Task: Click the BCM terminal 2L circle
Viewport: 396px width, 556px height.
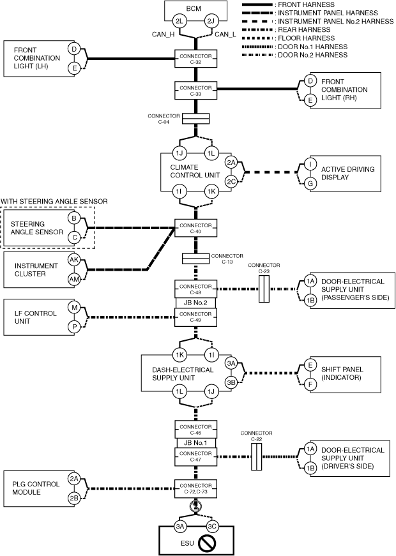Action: [179, 22]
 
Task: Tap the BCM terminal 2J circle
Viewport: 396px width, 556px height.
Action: [211, 22]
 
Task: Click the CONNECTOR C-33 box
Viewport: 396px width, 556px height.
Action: [195, 90]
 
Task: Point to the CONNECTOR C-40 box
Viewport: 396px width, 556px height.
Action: [195, 228]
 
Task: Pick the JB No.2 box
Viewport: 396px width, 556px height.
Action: [195, 303]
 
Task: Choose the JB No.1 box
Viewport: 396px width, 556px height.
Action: [195, 442]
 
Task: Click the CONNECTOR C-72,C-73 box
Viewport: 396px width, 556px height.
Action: [195, 488]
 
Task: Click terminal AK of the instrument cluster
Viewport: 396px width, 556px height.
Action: [73, 260]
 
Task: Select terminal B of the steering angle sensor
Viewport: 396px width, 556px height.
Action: [74, 218]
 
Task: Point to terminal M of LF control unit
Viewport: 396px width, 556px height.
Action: [74, 308]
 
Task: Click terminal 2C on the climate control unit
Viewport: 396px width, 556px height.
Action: [231, 181]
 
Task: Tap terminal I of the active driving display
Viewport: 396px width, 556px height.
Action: [310, 164]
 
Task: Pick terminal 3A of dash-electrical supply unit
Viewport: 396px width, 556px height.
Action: [231, 364]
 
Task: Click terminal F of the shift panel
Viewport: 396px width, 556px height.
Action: [310, 385]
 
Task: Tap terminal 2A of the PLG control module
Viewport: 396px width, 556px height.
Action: [74, 479]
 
